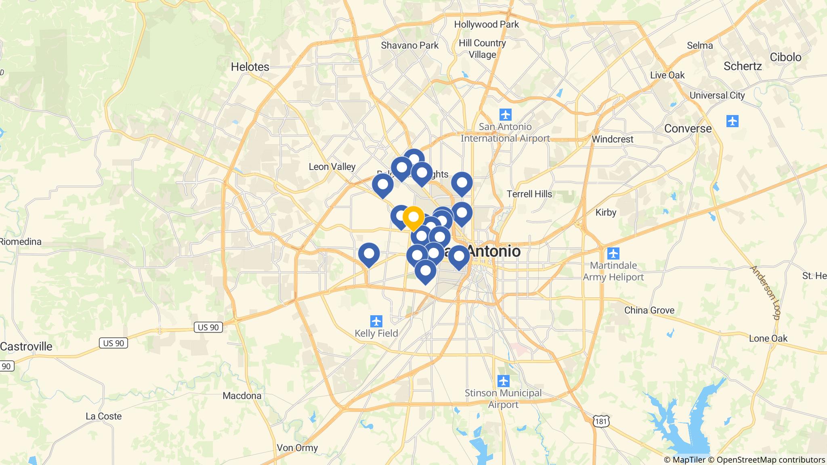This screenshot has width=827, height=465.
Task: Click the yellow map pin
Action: [413, 218]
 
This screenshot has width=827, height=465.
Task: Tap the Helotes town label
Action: [250, 67]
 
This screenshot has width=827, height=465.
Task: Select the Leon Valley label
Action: [332, 166]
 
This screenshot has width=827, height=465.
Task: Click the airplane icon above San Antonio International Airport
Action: [505, 115]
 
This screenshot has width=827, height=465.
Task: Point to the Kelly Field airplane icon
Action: [376, 321]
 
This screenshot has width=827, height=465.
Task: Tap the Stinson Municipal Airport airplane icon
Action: [504, 381]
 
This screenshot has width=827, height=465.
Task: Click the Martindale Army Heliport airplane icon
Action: [613, 253]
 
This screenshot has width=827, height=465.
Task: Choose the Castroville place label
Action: [26, 346]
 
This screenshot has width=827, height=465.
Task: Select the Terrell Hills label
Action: [529, 194]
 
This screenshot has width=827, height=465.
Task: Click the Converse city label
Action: [688, 128]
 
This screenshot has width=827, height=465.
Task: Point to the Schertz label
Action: [742, 66]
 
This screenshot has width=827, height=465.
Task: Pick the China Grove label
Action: [649, 310]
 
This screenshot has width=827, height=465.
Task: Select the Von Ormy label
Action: [297, 448]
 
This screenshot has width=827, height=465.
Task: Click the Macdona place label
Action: [242, 396]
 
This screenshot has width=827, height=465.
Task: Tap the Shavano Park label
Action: [409, 45]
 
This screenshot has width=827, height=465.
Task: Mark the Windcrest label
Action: [612, 139]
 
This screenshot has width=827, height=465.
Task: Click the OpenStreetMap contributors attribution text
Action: [770, 460]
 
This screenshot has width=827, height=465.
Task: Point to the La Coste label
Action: [103, 416]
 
